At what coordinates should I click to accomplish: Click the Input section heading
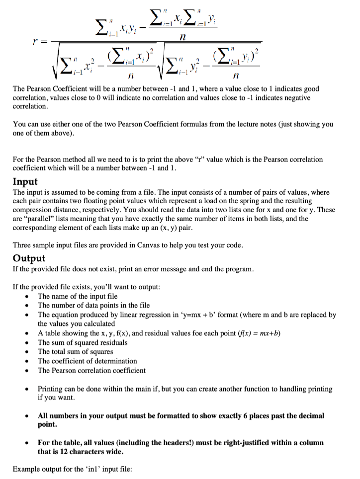click(25, 182)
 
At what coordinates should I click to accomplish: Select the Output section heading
click(29, 258)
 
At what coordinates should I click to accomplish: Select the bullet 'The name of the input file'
click(78, 297)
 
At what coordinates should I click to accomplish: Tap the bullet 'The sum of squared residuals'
click(83, 342)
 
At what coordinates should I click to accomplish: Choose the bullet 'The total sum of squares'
click(76, 352)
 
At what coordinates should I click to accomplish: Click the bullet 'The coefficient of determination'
click(88, 361)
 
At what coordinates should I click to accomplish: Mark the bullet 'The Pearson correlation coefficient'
click(92, 371)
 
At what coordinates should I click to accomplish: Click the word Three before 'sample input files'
click(22, 245)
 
